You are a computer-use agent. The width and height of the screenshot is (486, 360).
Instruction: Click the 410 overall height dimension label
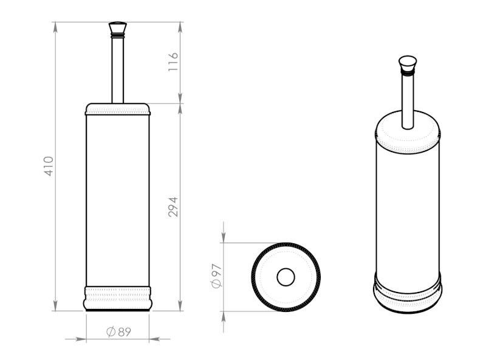tap(49, 166)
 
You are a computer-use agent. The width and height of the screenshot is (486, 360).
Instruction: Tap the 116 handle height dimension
tap(173, 62)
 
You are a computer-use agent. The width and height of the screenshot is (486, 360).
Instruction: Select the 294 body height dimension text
tap(173, 207)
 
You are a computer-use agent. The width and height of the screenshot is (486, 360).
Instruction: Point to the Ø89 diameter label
tap(118, 332)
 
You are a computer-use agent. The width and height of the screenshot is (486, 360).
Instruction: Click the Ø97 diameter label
tap(216, 276)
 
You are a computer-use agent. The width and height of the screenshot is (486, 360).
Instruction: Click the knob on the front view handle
tap(117, 27)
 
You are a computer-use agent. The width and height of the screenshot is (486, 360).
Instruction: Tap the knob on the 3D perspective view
tap(408, 63)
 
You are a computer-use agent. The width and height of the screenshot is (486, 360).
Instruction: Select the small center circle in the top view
tap(286, 277)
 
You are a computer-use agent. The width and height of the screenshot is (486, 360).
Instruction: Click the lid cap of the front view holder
tap(118, 109)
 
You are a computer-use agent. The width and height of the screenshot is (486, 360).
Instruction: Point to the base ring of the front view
tap(118, 298)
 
